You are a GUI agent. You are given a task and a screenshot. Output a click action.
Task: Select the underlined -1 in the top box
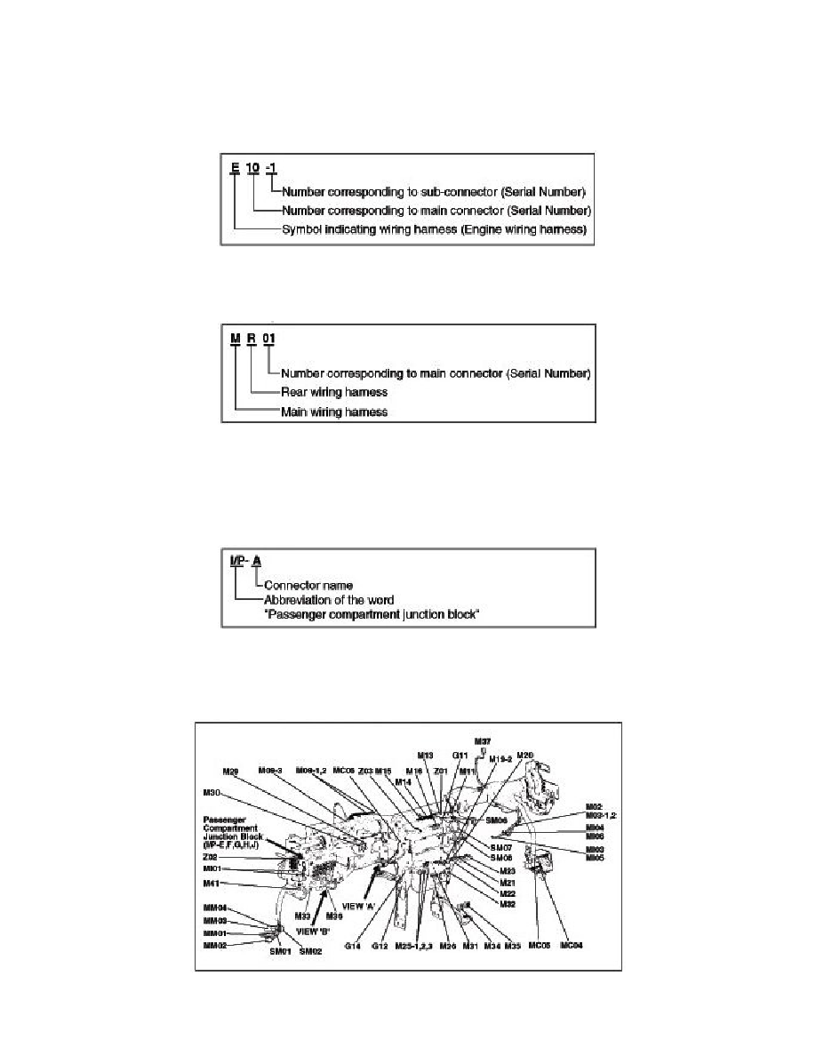pyautogui.click(x=276, y=168)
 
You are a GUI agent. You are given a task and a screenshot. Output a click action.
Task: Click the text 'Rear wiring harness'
pyautogui.click(x=333, y=392)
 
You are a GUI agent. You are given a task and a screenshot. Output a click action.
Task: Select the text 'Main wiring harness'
pyautogui.click(x=333, y=412)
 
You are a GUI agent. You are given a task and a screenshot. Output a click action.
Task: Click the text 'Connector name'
pyautogui.click(x=308, y=586)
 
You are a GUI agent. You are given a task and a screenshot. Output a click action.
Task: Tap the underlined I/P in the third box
pyautogui.click(x=236, y=561)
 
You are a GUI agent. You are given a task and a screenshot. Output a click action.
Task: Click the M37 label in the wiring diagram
pyautogui.click(x=483, y=740)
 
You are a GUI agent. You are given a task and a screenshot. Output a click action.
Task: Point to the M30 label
pyautogui.click(x=212, y=792)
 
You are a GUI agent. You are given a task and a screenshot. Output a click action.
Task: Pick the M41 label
pyautogui.click(x=211, y=883)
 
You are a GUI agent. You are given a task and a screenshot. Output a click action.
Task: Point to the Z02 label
pyautogui.click(x=211, y=857)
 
